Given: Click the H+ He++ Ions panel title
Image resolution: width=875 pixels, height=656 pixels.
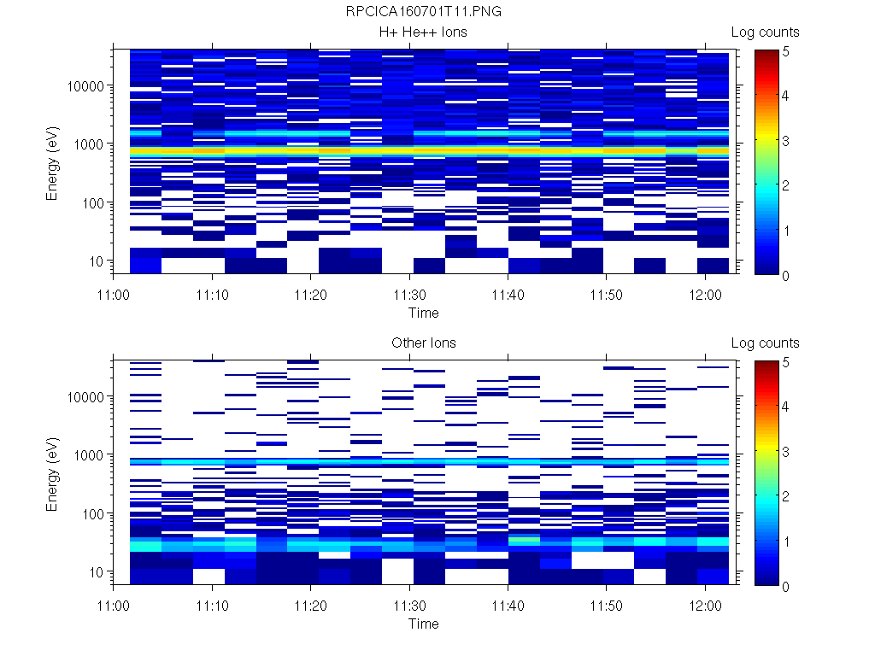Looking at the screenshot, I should tap(423, 32).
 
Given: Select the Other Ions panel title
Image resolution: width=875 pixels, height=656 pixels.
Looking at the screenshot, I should tap(423, 343).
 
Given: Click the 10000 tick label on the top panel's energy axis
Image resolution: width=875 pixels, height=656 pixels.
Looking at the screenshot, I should tap(85, 86).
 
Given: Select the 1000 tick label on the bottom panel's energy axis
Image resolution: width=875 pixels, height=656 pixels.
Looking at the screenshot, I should tap(89, 455).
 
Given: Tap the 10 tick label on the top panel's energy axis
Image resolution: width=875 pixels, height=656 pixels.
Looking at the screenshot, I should tap(97, 261).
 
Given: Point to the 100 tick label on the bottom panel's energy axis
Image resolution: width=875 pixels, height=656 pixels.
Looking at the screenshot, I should tap(92, 513).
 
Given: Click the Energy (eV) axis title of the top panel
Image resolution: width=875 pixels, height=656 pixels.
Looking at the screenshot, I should tap(53, 163).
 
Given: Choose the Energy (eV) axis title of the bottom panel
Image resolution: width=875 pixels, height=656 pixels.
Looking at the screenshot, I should tap(53, 474).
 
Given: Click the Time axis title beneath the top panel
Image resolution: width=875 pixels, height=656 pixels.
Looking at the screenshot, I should tap(423, 313).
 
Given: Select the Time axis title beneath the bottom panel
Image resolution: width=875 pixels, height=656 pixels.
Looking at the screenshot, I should tap(423, 624).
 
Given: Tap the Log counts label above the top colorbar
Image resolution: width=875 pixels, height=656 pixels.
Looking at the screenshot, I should tap(766, 32).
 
